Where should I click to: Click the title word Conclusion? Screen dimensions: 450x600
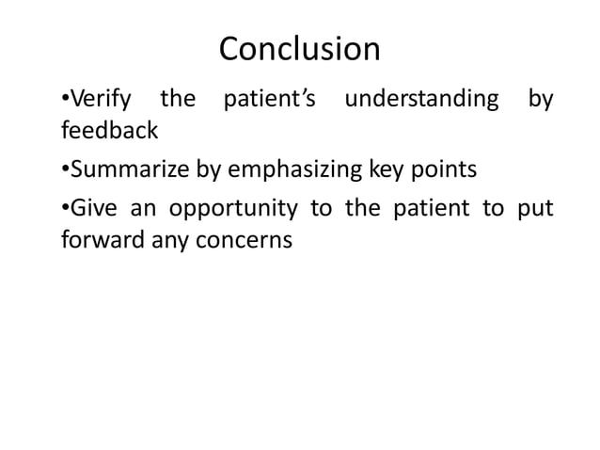299,49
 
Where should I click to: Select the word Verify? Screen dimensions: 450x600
99,99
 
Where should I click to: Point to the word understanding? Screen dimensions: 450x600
421,99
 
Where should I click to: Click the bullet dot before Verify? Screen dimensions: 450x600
64,100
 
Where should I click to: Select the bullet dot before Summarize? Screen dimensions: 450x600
64,171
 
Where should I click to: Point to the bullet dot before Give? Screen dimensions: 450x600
64,210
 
